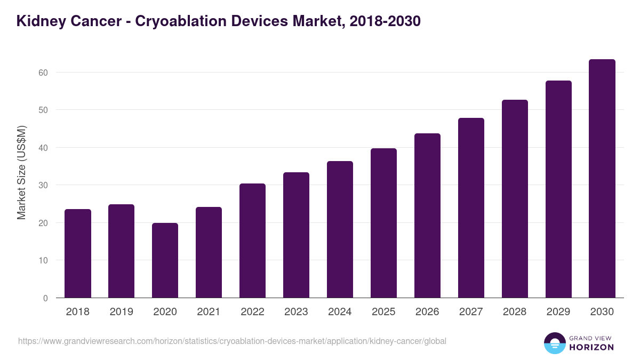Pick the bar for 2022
click(x=252, y=241)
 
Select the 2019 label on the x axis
click(x=122, y=312)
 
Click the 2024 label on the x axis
click(x=340, y=312)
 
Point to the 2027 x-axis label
click(x=471, y=312)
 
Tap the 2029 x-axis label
click(x=558, y=312)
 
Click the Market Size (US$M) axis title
click(x=21, y=172)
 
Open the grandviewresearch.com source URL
click(x=232, y=341)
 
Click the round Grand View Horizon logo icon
click(x=555, y=343)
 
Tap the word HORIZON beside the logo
click(x=591, y=347)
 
